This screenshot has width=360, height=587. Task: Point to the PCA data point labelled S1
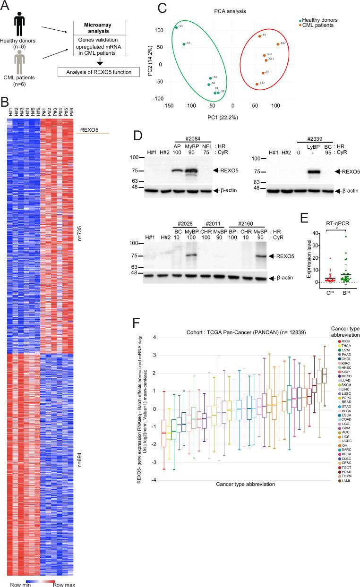(176, 27)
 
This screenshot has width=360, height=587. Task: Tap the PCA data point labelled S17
(278, 44)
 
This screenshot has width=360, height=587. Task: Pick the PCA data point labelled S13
(257, 84)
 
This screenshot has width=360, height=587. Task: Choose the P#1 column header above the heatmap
(43, 112)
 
